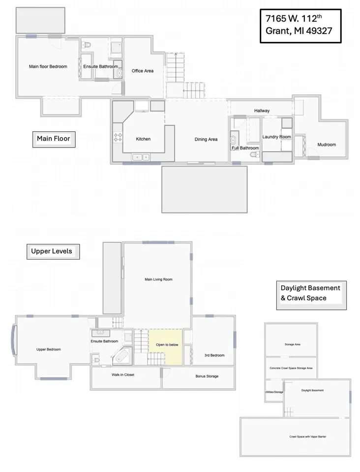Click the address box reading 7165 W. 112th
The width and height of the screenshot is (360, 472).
click(300, 26)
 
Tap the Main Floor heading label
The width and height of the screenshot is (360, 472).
click(53, 139)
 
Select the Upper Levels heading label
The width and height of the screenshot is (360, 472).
click(52, 251)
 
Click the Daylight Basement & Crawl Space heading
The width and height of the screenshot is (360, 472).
click(311, 293)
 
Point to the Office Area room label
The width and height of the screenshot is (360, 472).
click(142, 71)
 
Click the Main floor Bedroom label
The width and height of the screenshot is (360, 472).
click(48, 66)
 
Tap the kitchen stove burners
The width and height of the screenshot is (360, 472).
click(118, 138)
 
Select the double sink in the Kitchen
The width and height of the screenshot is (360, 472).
click(143, 157)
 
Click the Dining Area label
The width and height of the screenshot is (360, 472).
click(206, 139)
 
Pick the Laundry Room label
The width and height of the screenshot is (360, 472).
click(276, 137)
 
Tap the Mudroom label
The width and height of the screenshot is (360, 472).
click(327, 145)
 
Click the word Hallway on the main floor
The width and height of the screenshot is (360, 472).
click(262, 111)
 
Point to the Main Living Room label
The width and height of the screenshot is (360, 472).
click(158, 279)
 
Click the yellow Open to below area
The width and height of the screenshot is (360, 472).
click(167, 346)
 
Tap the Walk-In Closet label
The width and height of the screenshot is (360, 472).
click(122, 375)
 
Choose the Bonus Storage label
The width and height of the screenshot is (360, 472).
click(207, 376)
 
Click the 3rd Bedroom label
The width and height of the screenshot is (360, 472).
click(214, 355)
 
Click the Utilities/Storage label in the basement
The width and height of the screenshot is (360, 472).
click(274, 392)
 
